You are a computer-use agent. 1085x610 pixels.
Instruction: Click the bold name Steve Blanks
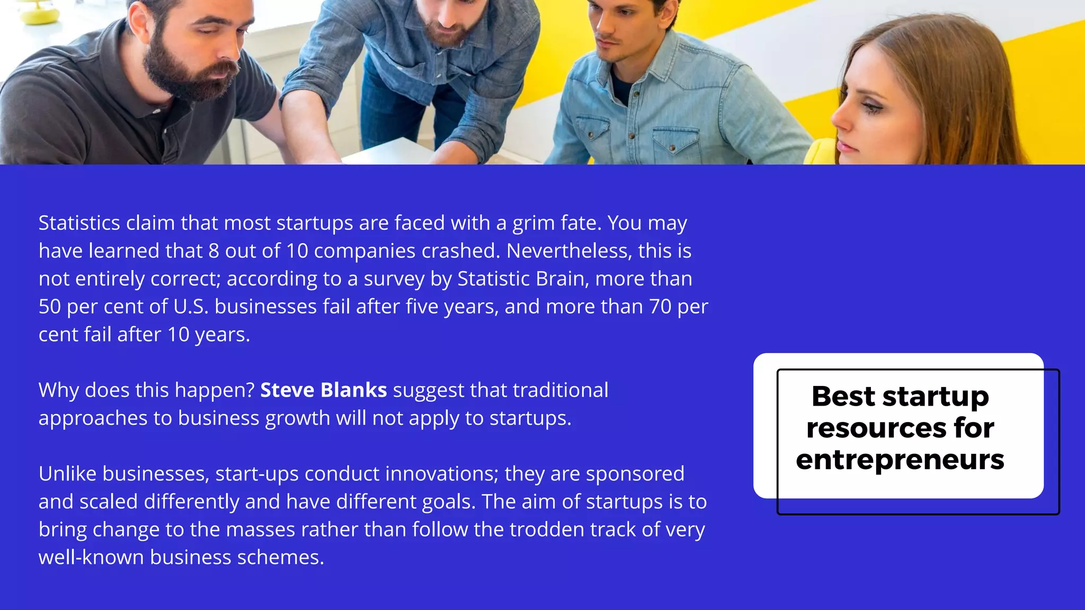[323, 390]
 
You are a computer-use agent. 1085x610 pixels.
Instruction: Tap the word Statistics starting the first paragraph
[79, 223]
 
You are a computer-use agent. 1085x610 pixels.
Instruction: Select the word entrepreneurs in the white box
[900, 459]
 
